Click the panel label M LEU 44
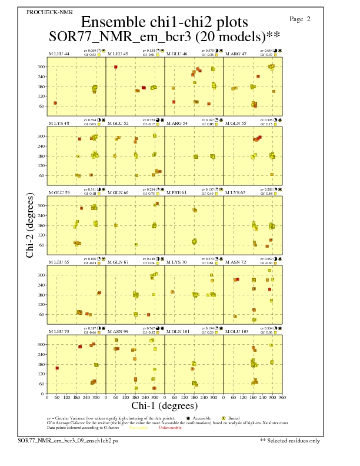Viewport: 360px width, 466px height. [58, 54]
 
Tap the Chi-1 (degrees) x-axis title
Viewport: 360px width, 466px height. [164, 406]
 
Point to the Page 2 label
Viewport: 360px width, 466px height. [301, 19]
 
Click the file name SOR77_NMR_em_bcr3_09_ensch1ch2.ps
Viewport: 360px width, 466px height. [68, 440]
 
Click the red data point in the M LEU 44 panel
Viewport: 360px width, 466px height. [55, 103]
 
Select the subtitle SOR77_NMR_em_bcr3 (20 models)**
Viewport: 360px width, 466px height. [165, 36]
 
